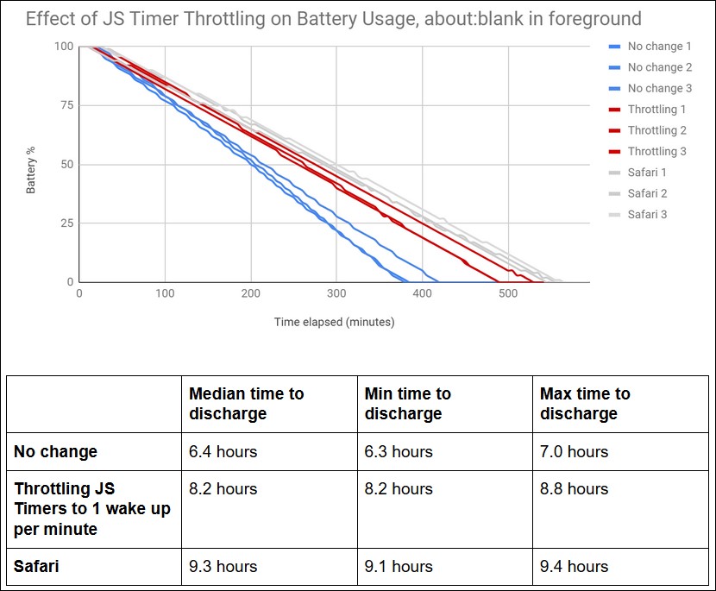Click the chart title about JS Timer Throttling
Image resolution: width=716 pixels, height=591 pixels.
333,18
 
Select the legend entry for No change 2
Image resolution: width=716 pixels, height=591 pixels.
659,67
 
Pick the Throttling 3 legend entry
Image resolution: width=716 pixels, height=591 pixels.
656,152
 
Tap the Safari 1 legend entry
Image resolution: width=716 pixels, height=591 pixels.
647,173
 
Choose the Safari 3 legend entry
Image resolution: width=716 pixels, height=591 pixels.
647,215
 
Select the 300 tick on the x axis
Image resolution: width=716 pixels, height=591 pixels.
336,294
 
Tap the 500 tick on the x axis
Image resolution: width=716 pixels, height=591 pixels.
508,294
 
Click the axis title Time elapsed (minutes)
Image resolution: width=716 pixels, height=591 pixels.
334,323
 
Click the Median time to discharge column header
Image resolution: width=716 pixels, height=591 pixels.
247,403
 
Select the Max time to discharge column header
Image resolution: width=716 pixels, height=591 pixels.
585,403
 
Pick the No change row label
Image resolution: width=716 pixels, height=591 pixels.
56,451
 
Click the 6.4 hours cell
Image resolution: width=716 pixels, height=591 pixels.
223,451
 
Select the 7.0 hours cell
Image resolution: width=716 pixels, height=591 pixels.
574,451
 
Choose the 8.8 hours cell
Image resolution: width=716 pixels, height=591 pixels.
574,488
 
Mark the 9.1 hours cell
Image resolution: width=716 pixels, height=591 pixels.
399,567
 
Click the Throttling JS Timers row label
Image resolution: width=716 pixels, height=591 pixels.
91,509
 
